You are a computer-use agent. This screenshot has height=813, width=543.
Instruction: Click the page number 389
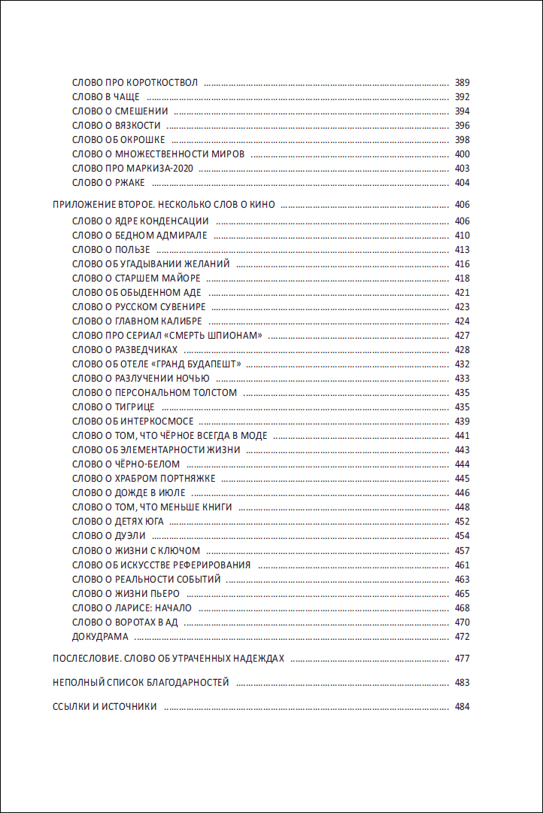[x=462, y=82]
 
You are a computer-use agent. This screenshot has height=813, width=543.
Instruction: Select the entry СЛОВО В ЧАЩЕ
[x=106, y=97]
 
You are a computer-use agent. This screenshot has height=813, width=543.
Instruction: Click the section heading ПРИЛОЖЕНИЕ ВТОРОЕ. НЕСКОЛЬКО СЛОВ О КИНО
[x=165, y=204]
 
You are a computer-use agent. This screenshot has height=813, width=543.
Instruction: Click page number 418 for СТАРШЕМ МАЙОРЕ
[x=462, y=279]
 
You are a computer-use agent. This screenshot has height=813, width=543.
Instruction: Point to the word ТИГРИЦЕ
[x=135, y=406]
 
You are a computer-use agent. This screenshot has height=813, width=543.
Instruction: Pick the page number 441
[x=462, y=436]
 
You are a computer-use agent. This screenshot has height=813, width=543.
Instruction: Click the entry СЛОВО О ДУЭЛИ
[x=109, y=535]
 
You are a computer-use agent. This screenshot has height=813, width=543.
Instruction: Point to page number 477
[x=462, y=659]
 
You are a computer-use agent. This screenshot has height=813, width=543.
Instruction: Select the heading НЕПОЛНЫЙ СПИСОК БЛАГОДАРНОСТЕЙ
[x=141, y=683]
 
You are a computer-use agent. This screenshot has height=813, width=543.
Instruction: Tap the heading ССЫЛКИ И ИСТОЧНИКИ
[x=105, y=707]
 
